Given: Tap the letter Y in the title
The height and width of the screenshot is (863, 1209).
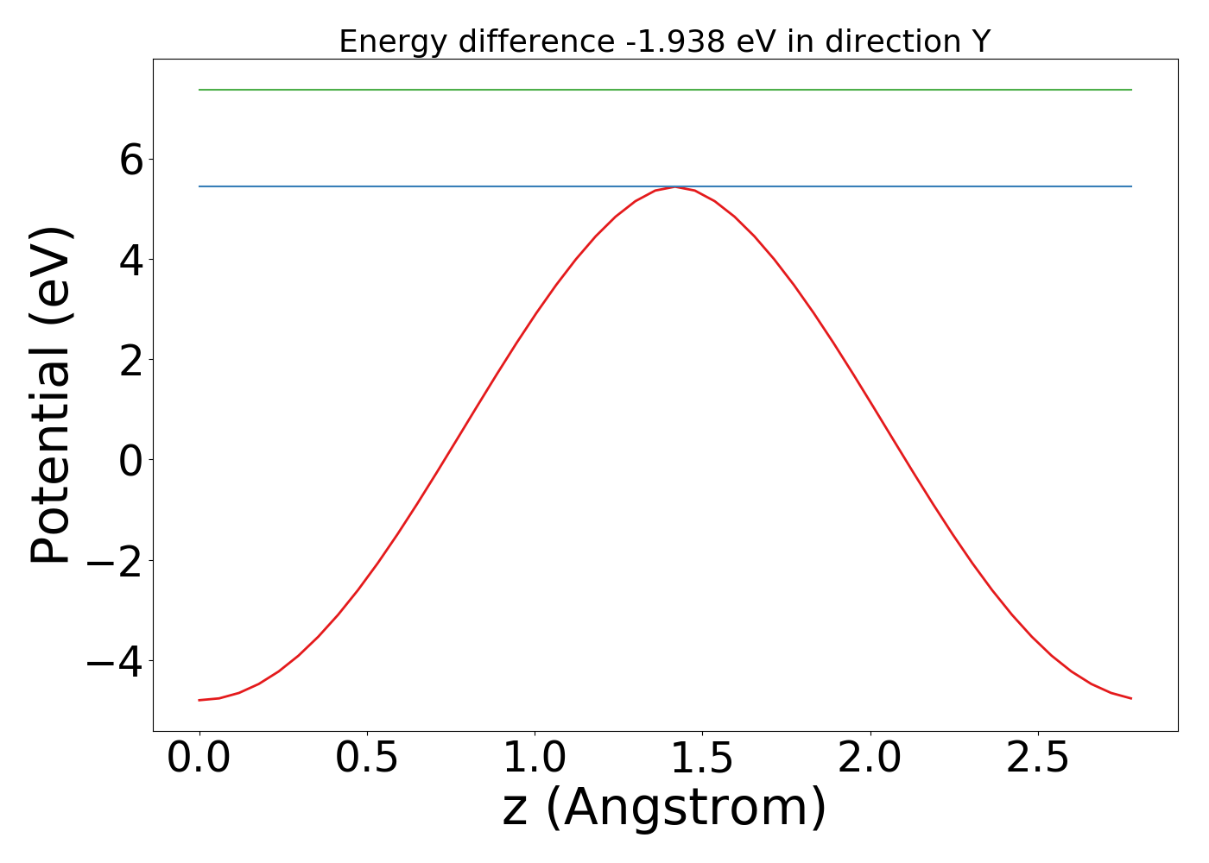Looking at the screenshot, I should point(979,41).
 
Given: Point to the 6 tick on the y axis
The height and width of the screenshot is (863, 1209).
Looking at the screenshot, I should point(131,160).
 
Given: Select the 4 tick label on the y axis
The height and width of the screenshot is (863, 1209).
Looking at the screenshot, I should point(131,260).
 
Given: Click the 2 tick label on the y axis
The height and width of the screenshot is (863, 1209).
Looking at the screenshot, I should point(131,360).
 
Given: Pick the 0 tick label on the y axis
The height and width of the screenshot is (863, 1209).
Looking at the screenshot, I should point(131,460).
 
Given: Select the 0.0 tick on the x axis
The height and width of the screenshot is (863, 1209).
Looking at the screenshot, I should point(199,759).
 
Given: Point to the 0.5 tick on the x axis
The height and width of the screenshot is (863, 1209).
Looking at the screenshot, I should point(367,759).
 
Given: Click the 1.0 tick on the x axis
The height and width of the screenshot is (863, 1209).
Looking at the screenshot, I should point(535,759).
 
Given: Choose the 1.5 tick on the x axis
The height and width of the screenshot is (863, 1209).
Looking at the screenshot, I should point(702,759).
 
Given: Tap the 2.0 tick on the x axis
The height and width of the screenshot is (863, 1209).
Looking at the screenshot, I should point(870,759).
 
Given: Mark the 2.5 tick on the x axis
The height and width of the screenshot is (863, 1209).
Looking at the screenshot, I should point(1038,759).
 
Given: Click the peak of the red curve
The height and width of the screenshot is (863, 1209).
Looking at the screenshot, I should point(675,187).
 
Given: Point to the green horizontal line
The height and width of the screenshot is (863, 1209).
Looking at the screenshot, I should point(665,90).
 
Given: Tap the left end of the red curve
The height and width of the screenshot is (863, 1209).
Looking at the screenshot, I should point(199,700).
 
